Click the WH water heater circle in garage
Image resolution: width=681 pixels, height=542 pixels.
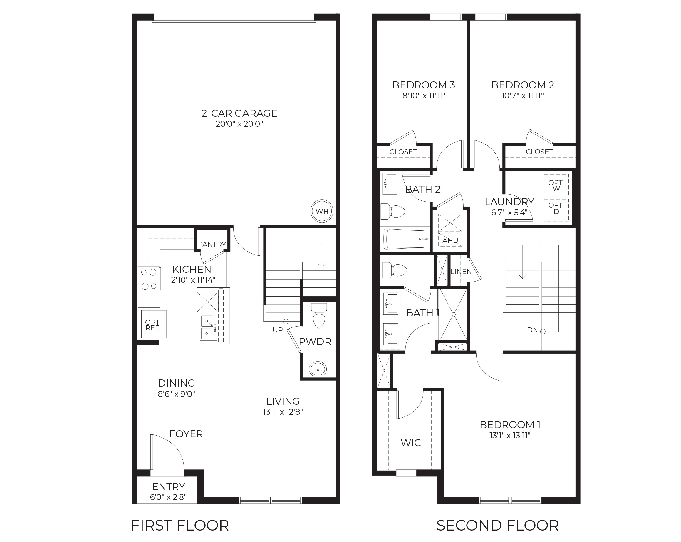[322, 211]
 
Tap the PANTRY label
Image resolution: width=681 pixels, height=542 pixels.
[212, 244]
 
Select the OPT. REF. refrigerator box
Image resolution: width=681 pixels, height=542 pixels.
[153, 325]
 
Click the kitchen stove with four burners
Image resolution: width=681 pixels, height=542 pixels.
[149, 279]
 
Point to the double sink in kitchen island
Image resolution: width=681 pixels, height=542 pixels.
[207, 327]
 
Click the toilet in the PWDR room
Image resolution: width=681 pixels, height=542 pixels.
[319, 316]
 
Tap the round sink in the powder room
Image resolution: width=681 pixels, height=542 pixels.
[318, 369]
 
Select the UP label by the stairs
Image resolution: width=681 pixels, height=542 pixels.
[278, 330]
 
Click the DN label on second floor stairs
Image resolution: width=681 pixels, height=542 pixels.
[532, 330]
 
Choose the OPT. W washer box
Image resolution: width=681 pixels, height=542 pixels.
[556, 186]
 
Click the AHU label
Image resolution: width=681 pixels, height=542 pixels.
[450, 240]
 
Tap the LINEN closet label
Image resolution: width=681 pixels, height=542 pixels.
[461, 272]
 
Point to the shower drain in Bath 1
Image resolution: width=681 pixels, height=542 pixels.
[454, 315]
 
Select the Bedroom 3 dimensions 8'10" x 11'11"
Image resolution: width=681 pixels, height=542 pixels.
[423, 96]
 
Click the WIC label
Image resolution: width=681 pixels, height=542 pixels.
[411, 443]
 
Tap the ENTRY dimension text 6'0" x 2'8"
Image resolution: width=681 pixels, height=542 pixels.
[168, 497]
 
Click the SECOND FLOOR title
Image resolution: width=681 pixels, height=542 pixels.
[497, 526]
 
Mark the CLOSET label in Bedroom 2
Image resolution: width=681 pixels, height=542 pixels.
[539, 152]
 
